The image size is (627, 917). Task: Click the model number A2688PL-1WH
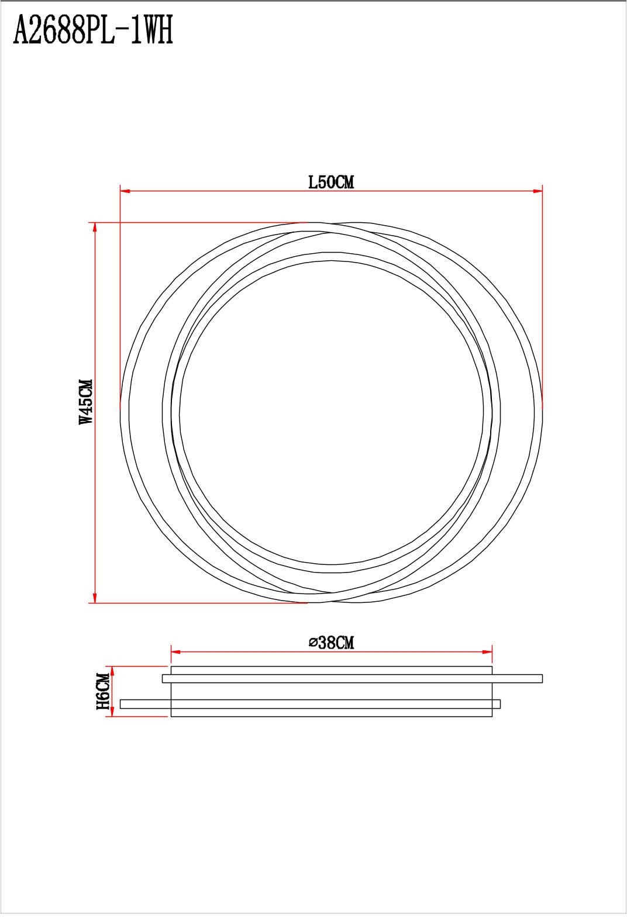tap(94, 32)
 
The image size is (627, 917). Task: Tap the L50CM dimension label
tap(331, 182)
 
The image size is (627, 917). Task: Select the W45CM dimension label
tap(87, 402)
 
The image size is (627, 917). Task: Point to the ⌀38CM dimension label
tap(331, 643)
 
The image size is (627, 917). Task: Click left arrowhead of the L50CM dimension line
tap(125, 191)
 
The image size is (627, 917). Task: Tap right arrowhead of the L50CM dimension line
tap(538, 191)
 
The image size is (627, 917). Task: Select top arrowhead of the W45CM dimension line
tap(95, 227)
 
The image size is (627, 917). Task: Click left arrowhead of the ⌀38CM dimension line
tap(176, 651)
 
